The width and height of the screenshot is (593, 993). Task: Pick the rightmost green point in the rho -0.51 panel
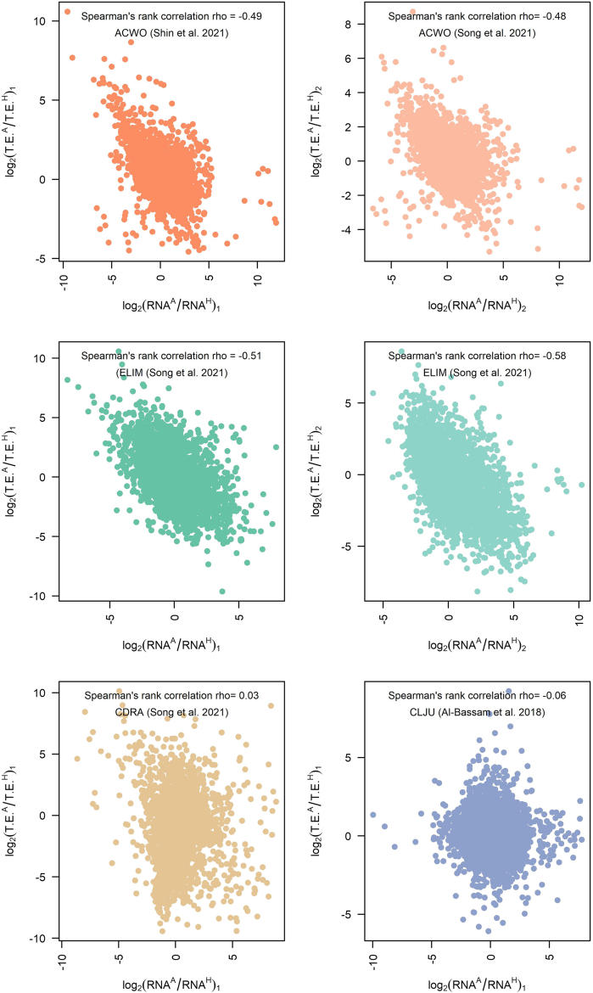276,446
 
